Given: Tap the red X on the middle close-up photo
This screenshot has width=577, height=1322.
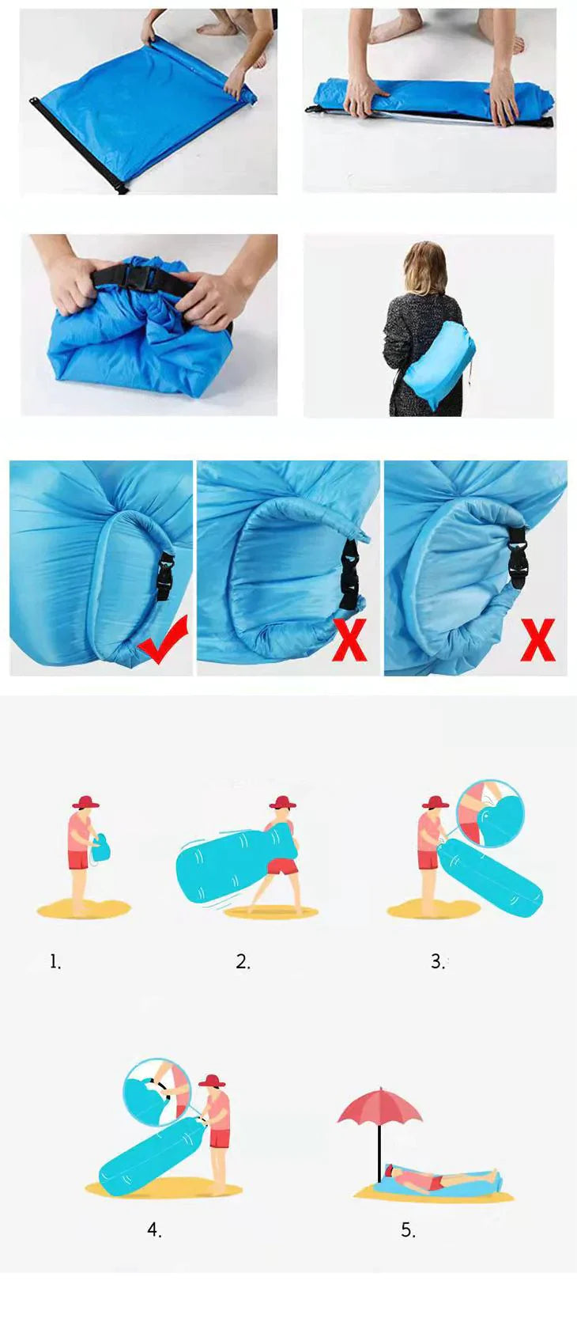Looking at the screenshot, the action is [349, 640].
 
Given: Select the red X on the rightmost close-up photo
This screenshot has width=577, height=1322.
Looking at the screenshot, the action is [537, 640].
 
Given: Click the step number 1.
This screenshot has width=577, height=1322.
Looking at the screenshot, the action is [55, 962].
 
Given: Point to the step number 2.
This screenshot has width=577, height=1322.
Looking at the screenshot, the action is [243, 962].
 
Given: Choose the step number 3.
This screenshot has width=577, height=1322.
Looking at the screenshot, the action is [437, 962].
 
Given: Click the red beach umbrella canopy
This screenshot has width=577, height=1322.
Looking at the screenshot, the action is [380, 1106].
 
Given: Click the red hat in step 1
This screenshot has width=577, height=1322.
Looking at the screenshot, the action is [85, 802].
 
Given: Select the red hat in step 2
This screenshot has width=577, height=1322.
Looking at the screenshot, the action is [282, 802].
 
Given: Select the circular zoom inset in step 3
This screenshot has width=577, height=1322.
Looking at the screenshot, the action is [490, 814].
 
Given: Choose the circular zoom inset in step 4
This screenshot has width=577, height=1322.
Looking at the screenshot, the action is [157, 1091].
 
